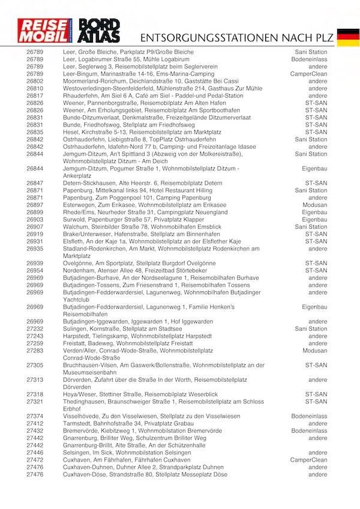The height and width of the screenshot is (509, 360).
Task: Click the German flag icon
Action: tap(348, 37)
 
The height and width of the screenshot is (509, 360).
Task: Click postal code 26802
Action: tap(35, 81)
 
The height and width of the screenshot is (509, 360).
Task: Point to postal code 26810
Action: tap(35, 88)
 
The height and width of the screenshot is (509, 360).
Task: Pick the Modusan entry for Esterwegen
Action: tap(315, 205)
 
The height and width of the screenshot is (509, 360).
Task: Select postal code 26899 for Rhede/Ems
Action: tap(35, 212)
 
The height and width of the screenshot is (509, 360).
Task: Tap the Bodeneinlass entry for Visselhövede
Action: tap(310, 416)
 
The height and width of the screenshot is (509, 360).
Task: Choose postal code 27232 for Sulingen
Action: tap(35, 329)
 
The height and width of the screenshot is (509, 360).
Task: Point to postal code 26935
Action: tap(35, 248)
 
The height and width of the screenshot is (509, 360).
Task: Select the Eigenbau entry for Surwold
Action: tap(315, 220)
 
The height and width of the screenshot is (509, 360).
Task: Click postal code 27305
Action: tap(35, 365)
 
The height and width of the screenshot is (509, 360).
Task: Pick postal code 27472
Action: tap(35, 460)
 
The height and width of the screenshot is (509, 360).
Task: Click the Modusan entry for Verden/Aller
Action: tap(315, 351)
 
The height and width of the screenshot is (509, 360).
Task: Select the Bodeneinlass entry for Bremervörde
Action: tap(310, 431)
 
